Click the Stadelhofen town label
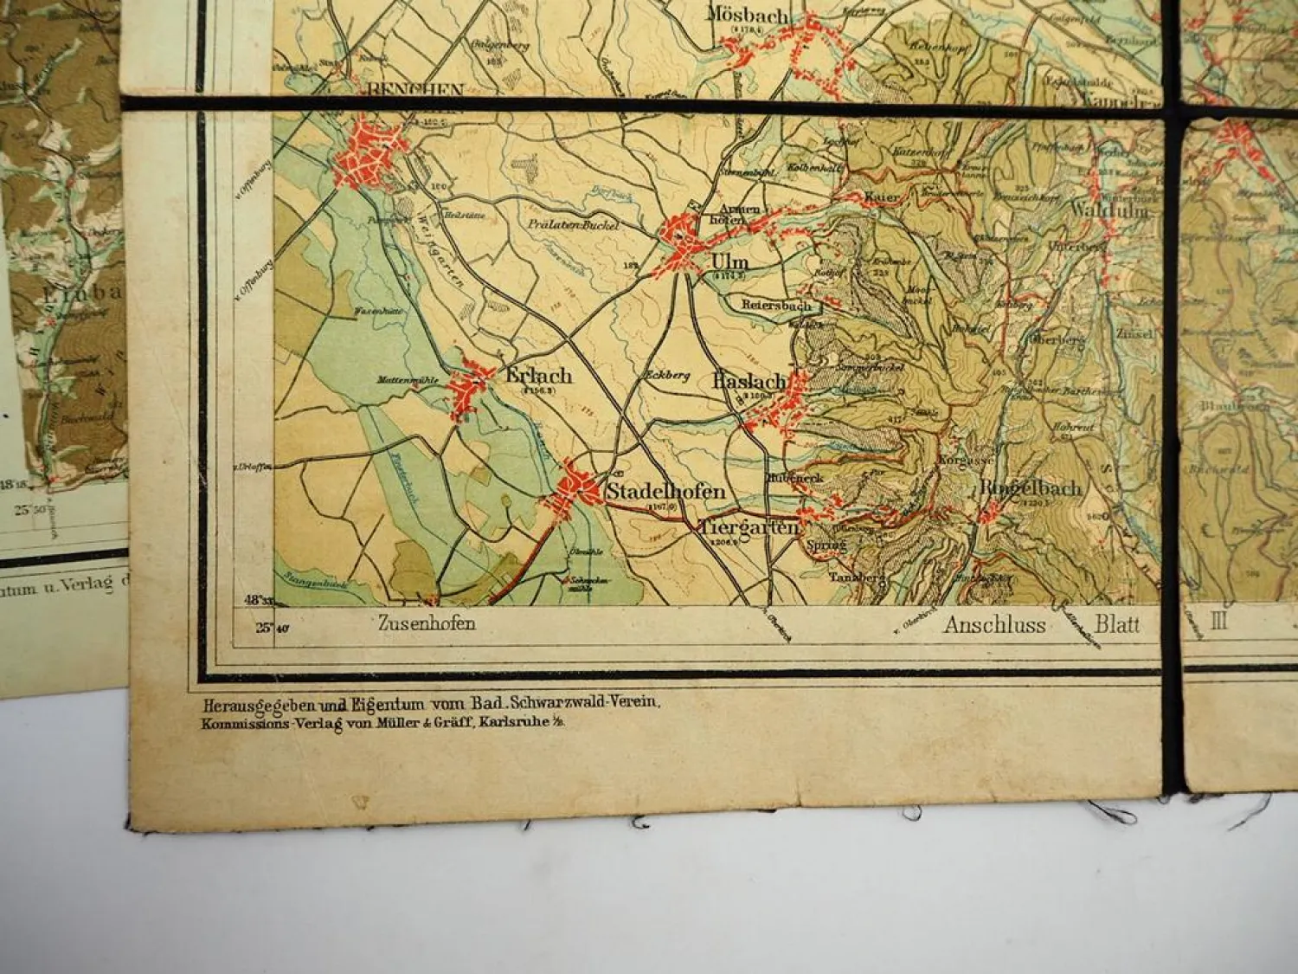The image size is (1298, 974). (x=665, y=492)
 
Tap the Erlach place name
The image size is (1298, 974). (x=538, y=376)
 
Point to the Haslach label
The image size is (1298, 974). (x=749, y=381)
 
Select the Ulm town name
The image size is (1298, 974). (x=729, y=262)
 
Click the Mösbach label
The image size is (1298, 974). (x=748, y=16)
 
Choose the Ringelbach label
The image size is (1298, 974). (x=1030, y=488)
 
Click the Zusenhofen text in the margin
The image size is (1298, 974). (x=427, y=622)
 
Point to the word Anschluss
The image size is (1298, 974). (x=995, y=625)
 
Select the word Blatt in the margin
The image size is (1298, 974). (x=1117, y=624)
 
